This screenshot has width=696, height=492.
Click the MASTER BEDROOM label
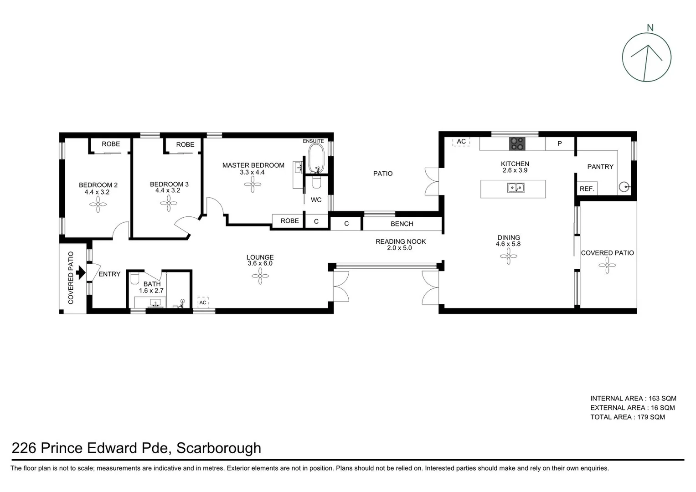coord(253,165)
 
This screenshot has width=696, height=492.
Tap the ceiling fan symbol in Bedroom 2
coord(98,205)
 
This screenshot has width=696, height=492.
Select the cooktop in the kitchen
coord(517,143)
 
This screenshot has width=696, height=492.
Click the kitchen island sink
coord(516,187)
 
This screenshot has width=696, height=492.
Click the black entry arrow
coord(81,273)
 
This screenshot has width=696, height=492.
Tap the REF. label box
coord(587,189)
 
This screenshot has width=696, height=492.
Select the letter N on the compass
coord(650,28)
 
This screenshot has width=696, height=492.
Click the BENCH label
coord(402,224)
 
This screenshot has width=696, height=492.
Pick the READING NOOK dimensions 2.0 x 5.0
coord(400,248)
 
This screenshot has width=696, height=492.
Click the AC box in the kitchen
coord(461,142)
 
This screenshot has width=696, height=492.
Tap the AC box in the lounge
coord(203,302)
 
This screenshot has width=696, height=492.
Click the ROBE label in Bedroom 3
coord(185,144)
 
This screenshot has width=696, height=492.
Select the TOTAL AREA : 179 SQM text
coord(627,417)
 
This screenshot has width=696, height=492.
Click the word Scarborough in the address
coord(219,448)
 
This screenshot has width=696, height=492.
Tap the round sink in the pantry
coord(625,186)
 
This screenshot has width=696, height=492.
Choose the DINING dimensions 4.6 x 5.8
coord(508,244)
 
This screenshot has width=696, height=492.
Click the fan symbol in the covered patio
coord(607,265)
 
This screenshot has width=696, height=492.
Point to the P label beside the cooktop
coord(559,143)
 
